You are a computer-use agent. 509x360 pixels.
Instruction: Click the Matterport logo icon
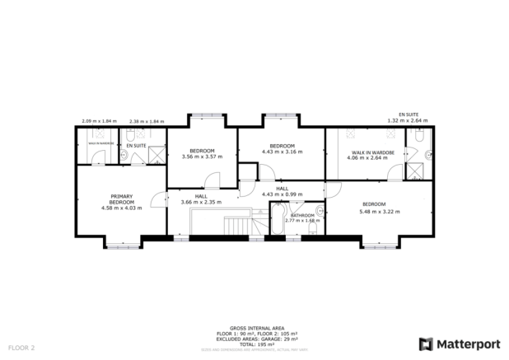click(426, 344)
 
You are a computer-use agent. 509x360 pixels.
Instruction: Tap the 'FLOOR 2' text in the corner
click(21, 348)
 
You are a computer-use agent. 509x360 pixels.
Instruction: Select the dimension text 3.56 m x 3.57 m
click(202, 156)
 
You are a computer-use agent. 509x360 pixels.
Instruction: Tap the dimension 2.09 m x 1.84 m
click(99, 121)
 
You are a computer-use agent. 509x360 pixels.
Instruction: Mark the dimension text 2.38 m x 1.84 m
click(147, 121)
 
